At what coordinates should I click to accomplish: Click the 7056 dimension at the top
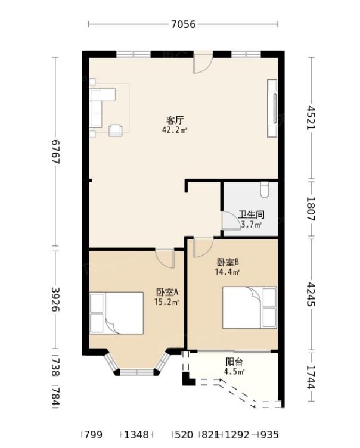coord(184,24)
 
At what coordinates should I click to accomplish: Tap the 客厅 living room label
coord(175,120)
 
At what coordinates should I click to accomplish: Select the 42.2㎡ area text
coord(175,130)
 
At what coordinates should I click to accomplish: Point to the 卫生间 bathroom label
coord(252,214)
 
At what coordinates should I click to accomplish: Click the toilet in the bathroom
coord(265,190)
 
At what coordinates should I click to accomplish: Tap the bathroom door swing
coord(231,220)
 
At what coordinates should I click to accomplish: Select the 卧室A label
coord(167,292)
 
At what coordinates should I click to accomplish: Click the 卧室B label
coord(228,262)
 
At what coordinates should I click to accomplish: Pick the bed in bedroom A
coord(116,313)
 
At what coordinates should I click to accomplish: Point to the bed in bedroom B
coord(249,308)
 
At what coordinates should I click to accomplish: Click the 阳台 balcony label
coord(234,362)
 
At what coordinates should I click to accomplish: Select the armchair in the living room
coord(116,130)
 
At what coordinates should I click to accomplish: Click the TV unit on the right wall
coord(272,108)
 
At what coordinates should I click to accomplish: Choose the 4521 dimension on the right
coord(311,118)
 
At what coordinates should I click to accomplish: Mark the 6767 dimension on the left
coord(55,151)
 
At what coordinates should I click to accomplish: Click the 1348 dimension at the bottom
coord(136,435)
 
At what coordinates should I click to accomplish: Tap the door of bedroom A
coord(165,259)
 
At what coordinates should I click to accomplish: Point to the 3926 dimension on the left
coord(55,300)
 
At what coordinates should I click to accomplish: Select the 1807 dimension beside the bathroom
coord(311,209)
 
